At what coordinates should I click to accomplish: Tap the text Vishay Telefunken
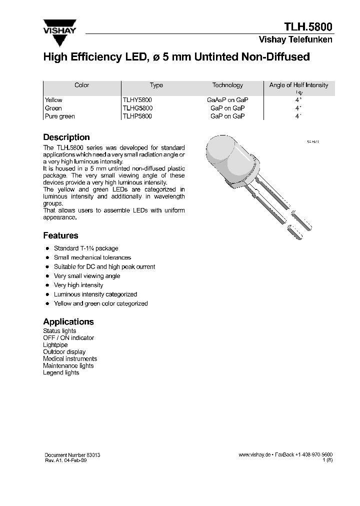[295, 39]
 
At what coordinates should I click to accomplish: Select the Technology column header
[227, 85]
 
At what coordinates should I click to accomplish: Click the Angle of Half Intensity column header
[298, 85]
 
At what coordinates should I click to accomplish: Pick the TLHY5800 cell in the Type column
[137, 100]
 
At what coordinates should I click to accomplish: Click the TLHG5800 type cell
[137, 108]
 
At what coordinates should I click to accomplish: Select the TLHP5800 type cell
[137, 116]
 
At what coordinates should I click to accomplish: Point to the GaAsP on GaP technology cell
[227, 100]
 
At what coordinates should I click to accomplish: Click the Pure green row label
[59, 116]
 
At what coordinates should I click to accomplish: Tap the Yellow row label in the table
[53, 100]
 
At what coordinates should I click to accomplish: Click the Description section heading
[66, 137]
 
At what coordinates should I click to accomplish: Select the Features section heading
[60, 235]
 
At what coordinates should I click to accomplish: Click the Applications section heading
[68, 321]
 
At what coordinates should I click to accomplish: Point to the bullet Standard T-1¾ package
[86, 248]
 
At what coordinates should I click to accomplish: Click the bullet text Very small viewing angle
[87, 276]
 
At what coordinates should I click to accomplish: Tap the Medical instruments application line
[70, 358]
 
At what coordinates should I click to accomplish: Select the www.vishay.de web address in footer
[254, 454]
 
